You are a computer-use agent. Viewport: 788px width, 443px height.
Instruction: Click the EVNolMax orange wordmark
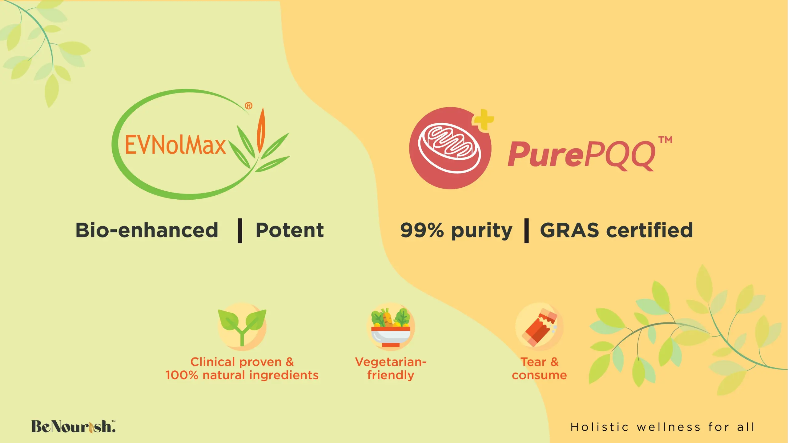(175, 145)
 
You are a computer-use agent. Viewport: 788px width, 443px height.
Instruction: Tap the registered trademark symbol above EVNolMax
(249, 106)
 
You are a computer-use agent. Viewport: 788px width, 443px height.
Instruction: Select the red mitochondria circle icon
(450, 148)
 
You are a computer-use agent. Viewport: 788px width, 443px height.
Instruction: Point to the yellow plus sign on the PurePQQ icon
(483, 120)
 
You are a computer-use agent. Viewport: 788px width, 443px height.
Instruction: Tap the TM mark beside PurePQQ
(665, 140)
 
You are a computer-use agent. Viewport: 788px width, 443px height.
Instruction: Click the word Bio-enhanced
(147, 230)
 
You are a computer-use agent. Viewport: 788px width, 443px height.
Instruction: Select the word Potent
(290, 230)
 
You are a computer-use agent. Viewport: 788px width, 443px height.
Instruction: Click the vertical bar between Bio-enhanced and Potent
(240, 231)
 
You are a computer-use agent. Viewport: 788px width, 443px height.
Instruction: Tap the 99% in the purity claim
(422, 230)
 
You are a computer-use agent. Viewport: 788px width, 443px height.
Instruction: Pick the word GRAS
(569, 230)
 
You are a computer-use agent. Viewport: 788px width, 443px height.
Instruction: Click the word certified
(649, 230)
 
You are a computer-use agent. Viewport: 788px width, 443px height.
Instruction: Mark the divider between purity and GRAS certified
(526, 231)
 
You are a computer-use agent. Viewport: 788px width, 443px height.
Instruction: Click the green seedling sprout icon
(242, 327)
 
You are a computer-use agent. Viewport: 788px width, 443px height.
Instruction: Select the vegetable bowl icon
(391, 327)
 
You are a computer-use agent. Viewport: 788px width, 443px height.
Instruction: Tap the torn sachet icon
(539, 327)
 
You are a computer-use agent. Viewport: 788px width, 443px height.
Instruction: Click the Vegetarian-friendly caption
(391, 369)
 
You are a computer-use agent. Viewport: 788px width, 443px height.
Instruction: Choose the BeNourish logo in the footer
(73, 426)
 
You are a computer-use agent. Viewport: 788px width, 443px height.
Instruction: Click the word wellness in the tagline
(669, 427)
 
